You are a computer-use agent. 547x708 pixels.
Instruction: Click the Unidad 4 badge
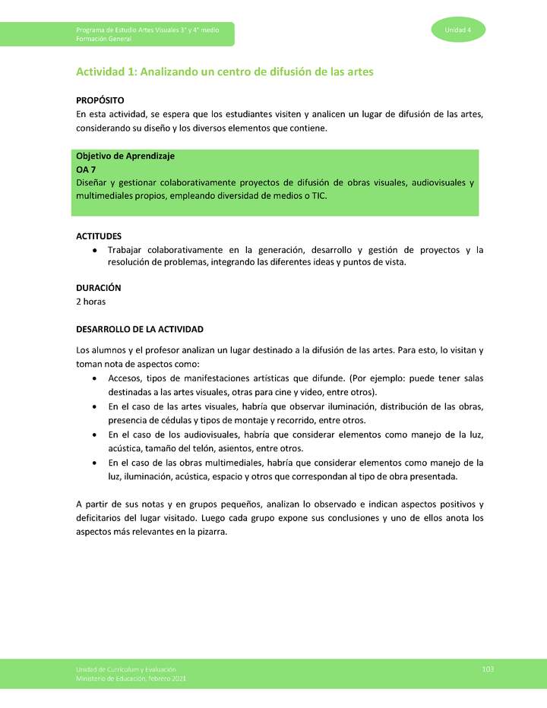pyautogui.click(x=458, y=30)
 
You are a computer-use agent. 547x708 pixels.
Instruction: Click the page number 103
pyautogui.click(x=488, y=668)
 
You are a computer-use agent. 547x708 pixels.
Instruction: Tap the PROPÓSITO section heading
pyautogui.click(x=100, y=100)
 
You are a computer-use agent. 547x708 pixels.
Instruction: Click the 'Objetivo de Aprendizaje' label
pyautogui.click(x=125, y=156)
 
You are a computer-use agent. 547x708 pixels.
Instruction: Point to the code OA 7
pyautogui.click(x=86, y=169)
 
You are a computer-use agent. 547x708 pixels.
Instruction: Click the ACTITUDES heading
pyautogui.click(x=99, y=236)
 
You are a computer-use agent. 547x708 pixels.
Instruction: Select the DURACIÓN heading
pyautogui.click(x=98, y=288)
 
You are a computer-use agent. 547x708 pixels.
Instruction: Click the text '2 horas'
pyautogui.click(x=90, y=302)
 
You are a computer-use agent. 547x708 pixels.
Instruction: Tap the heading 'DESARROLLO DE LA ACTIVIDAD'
pyautogui.click(x=140, y=330)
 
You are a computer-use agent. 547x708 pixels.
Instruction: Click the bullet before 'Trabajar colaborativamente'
pyautogui.click(x=93, y=250)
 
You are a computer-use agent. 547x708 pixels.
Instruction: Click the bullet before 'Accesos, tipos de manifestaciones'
pyautogui.click(x=93, y=378)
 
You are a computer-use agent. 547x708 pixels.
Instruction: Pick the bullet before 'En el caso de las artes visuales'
pyautogui.click(x=93, y=406)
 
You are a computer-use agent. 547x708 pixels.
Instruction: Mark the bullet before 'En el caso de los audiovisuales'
pyautogui.click(x=93, y=435)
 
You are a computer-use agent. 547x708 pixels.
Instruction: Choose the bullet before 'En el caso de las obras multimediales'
pyautogui.click(x=93, y=463)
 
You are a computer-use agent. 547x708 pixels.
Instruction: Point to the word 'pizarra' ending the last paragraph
pyautogui.click(x=213, y=532)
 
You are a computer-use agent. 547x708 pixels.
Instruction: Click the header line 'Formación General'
pyautogui.click(x=103, y=39)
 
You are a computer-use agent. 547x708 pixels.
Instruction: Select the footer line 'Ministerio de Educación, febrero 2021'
pyautogui.click(x=131, y=678)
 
